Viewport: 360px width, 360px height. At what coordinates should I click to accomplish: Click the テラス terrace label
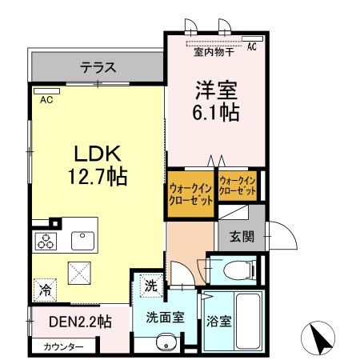tap(98, 67)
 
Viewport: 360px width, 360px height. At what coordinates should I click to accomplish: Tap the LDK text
tap(98, 152)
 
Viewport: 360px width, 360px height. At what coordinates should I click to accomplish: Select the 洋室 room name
tap(215, 89)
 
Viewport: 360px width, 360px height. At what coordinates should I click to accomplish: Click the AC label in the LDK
tap(46, 100)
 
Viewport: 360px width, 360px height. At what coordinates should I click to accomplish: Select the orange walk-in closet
tap(190, 194)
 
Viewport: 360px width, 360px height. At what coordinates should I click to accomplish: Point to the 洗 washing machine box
tap(151, 285)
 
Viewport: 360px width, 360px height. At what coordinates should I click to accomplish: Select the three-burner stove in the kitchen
tap(44, 240)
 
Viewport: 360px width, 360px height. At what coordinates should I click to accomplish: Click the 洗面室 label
tap(166, 316)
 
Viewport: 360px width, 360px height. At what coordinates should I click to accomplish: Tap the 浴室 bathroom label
tap(221, 322)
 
